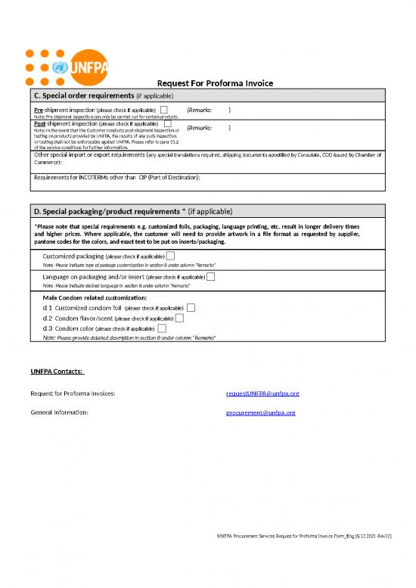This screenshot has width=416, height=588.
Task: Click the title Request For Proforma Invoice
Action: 214,83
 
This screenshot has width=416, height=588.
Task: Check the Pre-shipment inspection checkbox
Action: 163,110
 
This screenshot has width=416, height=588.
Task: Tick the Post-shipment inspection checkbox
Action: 167,123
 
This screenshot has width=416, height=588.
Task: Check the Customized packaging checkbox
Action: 170,257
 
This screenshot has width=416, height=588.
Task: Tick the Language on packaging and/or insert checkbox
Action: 210,277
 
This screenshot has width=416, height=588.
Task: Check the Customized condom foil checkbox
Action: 191,308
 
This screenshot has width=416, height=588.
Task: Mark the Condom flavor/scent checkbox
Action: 179,319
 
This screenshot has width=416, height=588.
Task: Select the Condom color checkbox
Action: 163,329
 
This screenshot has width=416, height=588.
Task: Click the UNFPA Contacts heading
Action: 57,372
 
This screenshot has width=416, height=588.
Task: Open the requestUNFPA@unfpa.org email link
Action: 262,394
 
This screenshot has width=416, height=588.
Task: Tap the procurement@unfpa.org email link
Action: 260,412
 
